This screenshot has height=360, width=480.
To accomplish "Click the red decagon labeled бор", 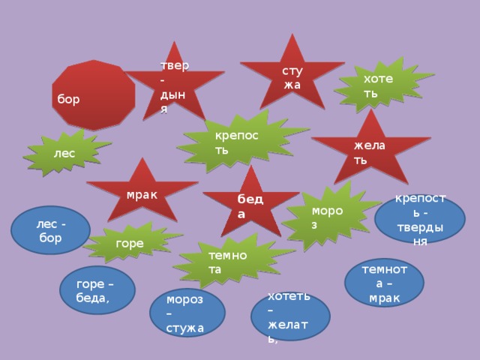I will click(x=93, y=94).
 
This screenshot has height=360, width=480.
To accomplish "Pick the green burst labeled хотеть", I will click(x=382, y=84).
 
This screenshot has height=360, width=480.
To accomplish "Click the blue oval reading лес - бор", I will click(x=50, y=229).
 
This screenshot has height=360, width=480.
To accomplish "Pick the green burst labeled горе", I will click(x=130, y=242).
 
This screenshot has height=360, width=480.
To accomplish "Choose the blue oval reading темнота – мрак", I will click(x=383, y=282).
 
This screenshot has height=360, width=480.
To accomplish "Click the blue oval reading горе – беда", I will click(x=97, y=289).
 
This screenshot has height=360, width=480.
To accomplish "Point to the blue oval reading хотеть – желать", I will click(x=290, y=316).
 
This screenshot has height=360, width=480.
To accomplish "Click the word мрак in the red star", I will click(x=141, y=194).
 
